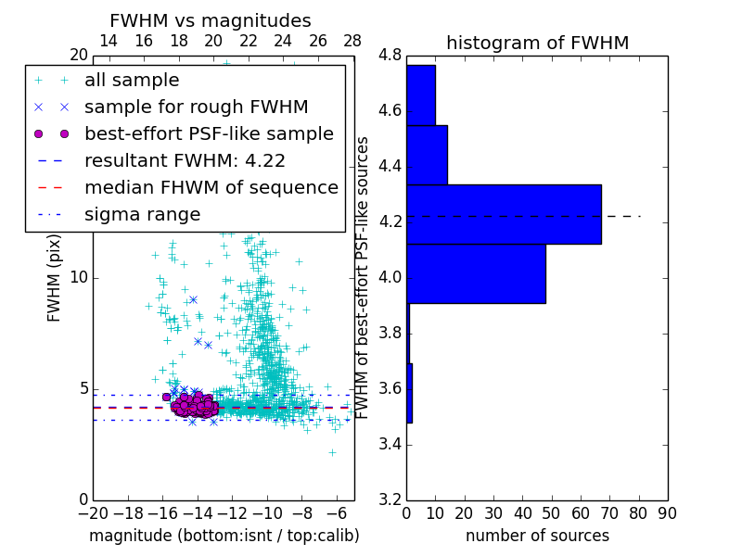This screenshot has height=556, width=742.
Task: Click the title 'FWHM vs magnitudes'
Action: click(x=210, y=20)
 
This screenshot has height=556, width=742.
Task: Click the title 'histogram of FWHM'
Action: click(x=537, y=43)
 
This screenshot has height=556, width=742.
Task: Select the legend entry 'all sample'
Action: click(x=132, y=81)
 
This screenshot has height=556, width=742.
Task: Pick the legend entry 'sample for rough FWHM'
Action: click(x=196, y=107)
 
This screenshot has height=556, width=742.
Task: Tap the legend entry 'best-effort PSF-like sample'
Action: click(x=209, y=133)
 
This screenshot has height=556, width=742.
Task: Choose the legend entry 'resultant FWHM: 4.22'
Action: click(x=185, y=160)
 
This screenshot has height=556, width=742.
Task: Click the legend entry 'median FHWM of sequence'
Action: click(x=211, y=187)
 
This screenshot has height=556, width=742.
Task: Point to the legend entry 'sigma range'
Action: click(x=142, y=214)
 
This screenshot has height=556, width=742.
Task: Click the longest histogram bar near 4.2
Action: click(x=504, y=214)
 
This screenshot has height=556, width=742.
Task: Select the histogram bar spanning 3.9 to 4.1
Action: click(x=476, y=273)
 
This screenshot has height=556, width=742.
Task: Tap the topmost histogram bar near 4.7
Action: click(x=421, y=95)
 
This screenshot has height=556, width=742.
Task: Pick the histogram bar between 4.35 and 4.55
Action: click(x=427, y=155)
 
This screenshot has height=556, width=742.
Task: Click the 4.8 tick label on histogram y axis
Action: click(x=390, y=56)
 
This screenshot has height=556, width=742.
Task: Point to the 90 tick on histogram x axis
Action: click(x=666, y=512)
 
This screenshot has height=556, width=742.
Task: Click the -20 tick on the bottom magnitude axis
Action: click(x=93, y=512)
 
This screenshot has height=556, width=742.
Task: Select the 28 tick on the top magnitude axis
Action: click(x=352, y=41)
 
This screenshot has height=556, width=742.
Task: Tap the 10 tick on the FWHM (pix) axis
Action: click(x=78, y=278)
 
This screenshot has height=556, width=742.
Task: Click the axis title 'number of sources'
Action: click(x=537, y=536)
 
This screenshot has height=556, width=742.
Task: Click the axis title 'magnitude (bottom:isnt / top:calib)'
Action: click(x=224, y=536)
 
